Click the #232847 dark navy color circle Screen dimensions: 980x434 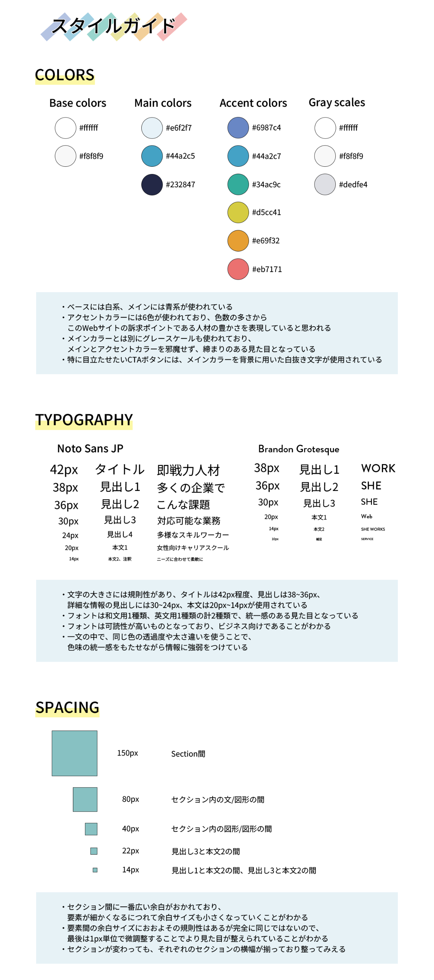(152, 184)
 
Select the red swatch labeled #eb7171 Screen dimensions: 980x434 (238, 269)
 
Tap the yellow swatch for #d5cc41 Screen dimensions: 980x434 (238, 212)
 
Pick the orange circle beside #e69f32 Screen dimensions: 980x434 (238, 240)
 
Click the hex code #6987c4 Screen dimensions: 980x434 (266, 128)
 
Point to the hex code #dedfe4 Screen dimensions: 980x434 (353, 184)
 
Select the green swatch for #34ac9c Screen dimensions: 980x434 (238, 184)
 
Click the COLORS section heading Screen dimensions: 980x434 (65, 75)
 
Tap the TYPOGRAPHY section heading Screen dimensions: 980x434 (84, 420)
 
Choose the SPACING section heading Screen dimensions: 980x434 (67, 707)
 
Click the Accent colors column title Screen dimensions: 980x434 (253, 103)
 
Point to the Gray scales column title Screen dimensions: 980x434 (337, 102)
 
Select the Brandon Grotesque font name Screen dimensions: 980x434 (299, 449)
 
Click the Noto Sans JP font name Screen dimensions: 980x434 (90, 448)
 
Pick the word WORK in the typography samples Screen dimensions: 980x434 (378, 468)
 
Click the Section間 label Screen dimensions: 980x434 (188, 753)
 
